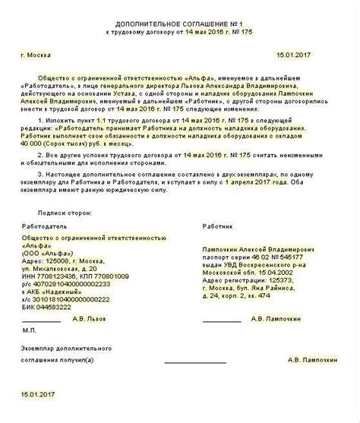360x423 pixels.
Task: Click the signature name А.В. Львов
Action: pyautogui.click(x=94, y=320)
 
